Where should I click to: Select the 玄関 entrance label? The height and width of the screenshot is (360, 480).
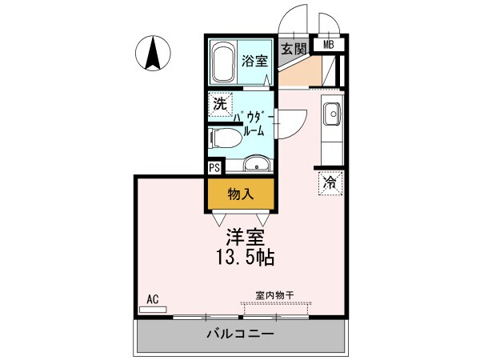tap(293, 48)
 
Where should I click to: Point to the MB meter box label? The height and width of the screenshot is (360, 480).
tap(329, 46)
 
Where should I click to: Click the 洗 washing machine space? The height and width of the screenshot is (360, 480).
tap(219, 103)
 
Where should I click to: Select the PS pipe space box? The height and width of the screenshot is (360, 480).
tap(214, 168)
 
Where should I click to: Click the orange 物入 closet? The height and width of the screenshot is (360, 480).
tap(241, 194)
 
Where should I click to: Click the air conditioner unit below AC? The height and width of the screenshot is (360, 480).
tap(153, 309)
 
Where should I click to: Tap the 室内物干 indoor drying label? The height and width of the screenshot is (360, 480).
tap(274, 296)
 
